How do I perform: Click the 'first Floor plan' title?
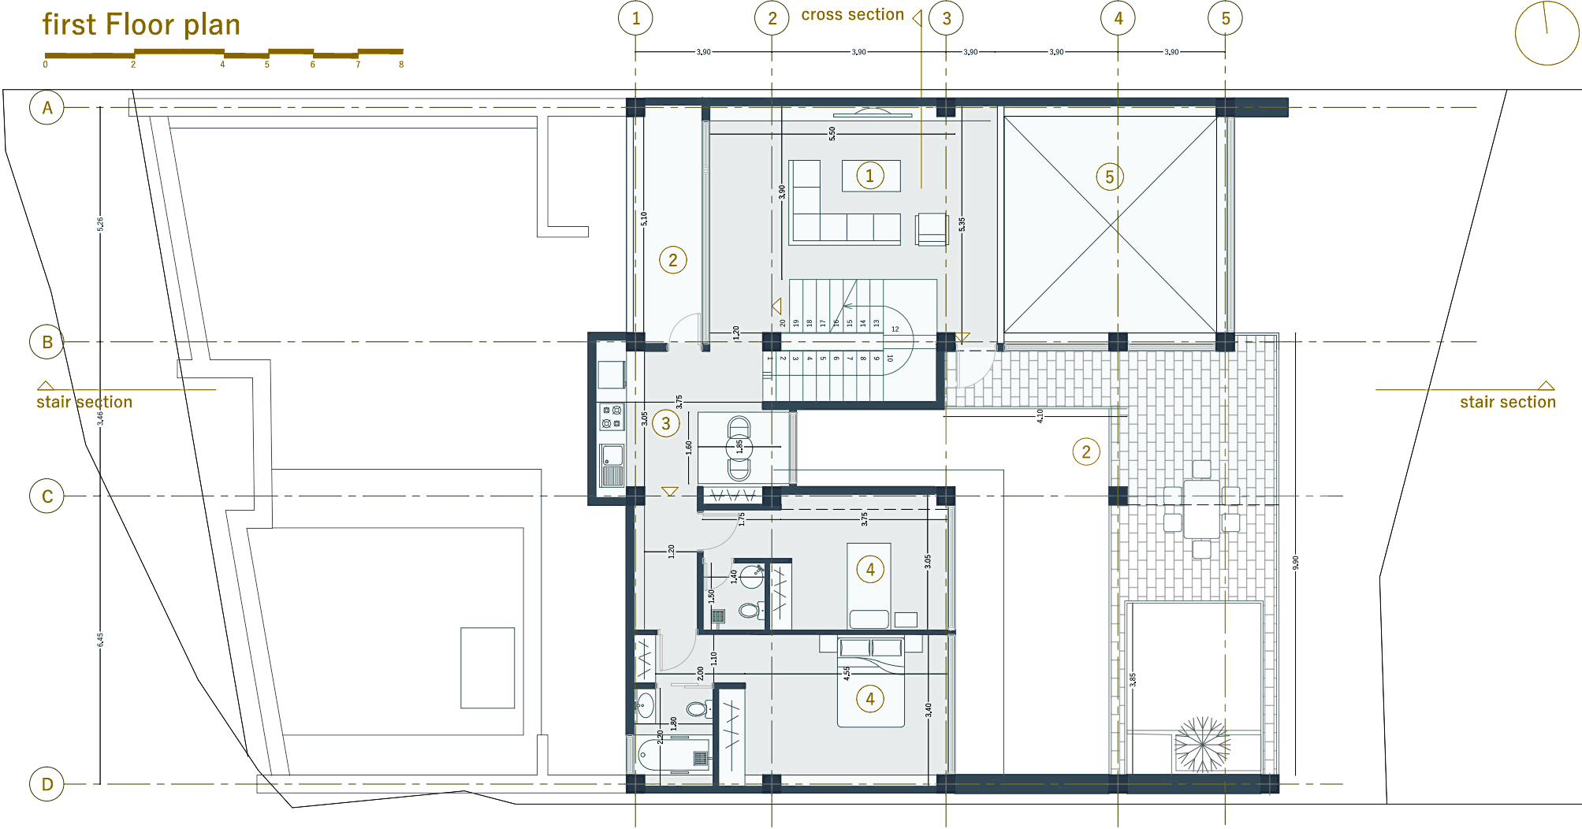[141, 25]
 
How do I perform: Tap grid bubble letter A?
[47, 108]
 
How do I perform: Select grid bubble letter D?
[47, 784]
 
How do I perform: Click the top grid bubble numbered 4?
[1118, 18]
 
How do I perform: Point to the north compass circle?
[1546, 32]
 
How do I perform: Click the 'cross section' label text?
[852, 15]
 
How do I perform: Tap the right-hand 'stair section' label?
[1507, 402]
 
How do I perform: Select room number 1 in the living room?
[869, 176]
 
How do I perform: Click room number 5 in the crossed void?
[1109, 177]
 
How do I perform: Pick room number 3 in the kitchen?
[666, 424]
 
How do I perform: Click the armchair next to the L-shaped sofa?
[932, 229]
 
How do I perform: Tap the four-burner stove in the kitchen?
[612, 417]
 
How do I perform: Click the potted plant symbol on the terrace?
[1201, 744]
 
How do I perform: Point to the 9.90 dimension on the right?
[1295, 563]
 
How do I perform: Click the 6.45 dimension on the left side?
[100, 640]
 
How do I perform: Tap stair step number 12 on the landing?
[895, 329]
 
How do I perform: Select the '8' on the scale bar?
[401, 65]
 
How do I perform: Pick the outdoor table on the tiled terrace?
[1201, 510]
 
